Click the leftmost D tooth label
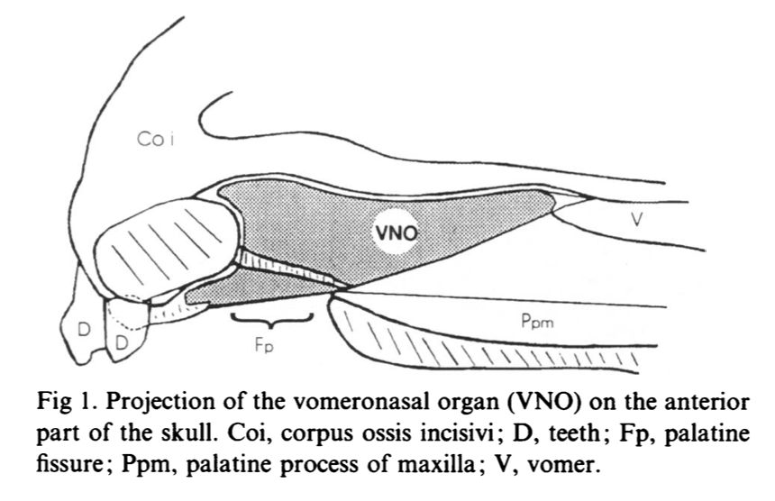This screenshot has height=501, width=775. click(83, 329)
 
